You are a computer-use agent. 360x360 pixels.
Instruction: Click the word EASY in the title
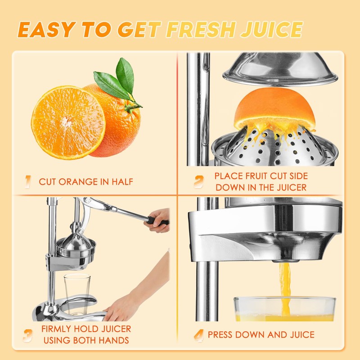(47, 29)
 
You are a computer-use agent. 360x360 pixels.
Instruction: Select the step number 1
(28, 182)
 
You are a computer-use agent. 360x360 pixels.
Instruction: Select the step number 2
(199, 181)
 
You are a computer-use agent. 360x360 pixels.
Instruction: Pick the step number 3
(28, 335)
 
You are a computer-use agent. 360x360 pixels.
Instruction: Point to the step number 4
(198, 335)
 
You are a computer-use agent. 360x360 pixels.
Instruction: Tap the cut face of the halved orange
(68, 122)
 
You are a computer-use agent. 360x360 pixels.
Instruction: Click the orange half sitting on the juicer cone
(279, 108)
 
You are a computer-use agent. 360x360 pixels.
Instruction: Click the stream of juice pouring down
(284, 283)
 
